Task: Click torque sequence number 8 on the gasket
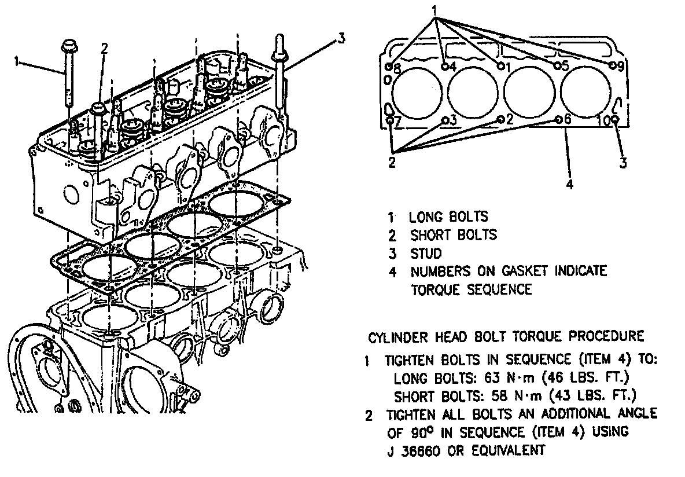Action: coord(397,68)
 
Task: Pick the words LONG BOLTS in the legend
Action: coord(448,217)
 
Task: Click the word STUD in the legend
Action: coord(426,253)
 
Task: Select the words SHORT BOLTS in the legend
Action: coord(453,235)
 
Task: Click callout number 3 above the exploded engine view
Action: coord(341,39)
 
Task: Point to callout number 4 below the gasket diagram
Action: coord(569,185)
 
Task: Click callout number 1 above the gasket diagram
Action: coord(434,10)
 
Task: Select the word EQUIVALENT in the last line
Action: coord(509,450)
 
